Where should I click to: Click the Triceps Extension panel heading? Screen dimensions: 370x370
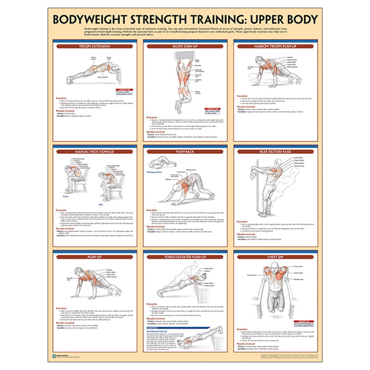(95, 46)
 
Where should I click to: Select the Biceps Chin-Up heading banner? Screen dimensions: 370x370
(185, 46)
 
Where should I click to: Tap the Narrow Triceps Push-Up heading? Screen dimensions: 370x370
(275, 46)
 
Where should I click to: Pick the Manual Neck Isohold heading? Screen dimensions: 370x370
(95, 152)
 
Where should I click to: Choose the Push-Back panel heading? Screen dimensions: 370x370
(185, 152)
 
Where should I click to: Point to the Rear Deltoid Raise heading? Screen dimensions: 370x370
(275, 152)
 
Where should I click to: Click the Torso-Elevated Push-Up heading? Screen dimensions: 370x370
(185, 257)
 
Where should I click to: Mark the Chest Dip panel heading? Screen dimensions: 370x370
(275, 257)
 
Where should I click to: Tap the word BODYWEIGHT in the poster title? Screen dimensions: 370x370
(90, 19)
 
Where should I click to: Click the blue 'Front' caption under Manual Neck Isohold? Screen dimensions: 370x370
(66, 196)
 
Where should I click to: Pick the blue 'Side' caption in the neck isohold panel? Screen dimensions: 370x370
(101, 204)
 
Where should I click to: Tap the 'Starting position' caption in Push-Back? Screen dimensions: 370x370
(154, 172)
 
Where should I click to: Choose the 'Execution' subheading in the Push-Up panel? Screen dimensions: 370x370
(61, 308)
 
